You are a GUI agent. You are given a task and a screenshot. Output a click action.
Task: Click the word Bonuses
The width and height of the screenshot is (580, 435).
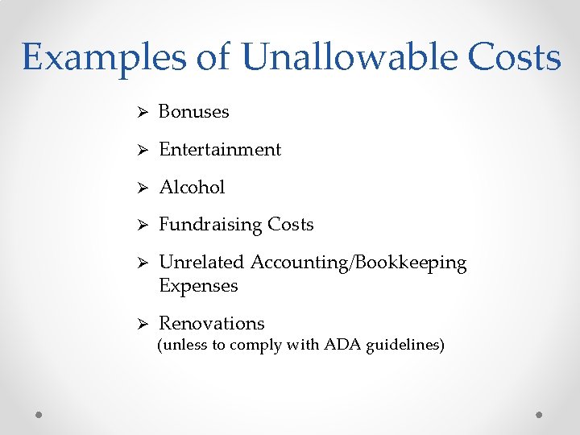(193, 112)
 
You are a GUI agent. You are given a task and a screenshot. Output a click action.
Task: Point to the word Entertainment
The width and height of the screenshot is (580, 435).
(220, 150)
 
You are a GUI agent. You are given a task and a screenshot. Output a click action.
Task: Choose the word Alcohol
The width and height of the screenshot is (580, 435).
(192, 188)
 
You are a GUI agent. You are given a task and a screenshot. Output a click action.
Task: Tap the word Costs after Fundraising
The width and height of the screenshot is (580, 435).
(290, 225)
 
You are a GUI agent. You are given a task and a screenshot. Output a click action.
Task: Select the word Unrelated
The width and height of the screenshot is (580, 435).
(202, 263)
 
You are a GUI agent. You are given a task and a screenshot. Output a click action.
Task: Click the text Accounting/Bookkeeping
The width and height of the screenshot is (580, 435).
(358, 263)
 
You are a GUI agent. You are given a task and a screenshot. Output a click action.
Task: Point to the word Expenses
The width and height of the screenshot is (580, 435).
(198, 286)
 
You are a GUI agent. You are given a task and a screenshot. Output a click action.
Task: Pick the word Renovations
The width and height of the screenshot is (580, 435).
(211, 324)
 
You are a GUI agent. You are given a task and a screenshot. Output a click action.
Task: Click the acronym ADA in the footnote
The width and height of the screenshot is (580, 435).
(343, 346)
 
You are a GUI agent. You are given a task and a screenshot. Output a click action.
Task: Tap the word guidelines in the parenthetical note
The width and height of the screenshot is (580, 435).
(405, 346)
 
